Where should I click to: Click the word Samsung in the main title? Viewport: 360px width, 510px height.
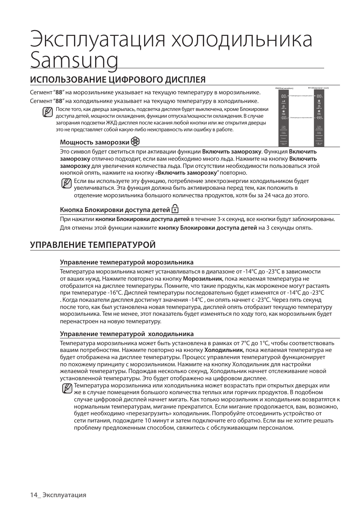click(74, 60)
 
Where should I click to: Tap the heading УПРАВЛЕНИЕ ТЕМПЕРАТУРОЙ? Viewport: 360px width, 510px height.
click(93, 245)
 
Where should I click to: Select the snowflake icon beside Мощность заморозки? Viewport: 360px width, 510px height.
click(135, 142)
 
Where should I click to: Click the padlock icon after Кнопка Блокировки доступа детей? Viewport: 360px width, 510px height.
click(175, 209)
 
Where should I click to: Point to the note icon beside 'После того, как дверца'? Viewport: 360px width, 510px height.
click(48, 112)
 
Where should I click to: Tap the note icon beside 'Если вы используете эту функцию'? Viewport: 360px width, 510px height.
click(66, 184)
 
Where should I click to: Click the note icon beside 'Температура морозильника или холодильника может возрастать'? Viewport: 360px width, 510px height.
click(66, 389)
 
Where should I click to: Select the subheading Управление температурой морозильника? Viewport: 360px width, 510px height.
click(127, 262)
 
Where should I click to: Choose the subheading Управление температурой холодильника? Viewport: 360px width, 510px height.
click(127, 334)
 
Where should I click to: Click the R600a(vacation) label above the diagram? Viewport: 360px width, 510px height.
click(284, 88)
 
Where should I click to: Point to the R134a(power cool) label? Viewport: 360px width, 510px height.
click(318, 88)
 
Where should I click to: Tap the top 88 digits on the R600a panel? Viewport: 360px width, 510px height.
click(283, 97)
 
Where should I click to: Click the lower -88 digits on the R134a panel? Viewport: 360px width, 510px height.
click(319, 117)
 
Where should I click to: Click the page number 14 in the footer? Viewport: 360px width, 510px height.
click(34, 495)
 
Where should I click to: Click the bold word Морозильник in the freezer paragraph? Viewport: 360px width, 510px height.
click(203, 279)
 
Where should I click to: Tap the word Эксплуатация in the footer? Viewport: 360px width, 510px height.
click(64, 495)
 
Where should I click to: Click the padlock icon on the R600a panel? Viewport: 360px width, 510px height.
click(283, 107)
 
